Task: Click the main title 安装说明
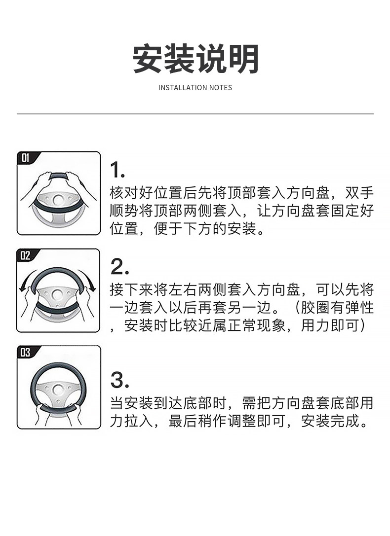[195, 59]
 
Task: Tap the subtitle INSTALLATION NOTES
[195, 87]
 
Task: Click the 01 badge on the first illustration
[26, 158]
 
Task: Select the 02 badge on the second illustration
[26, 255]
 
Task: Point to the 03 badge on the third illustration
[26, 353]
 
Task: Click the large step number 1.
[117, 170]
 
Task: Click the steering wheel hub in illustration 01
[58, 199]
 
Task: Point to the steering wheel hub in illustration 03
[58, 390]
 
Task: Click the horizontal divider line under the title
[195, 113]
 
